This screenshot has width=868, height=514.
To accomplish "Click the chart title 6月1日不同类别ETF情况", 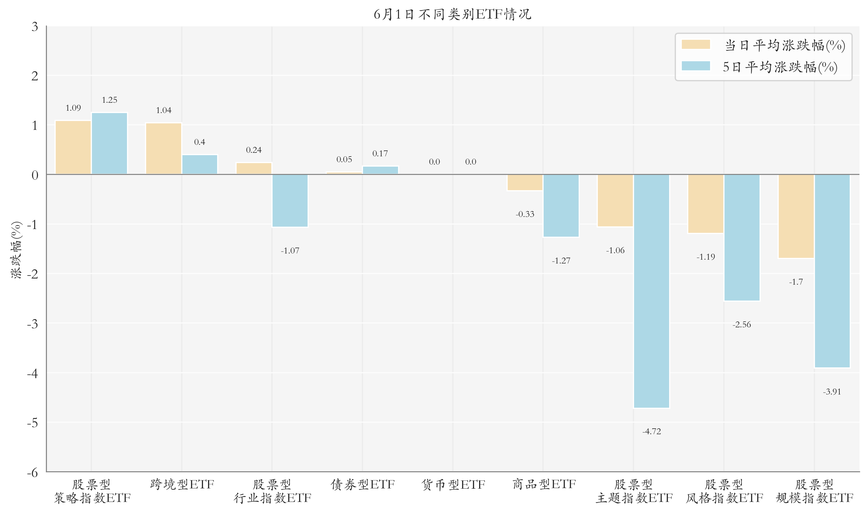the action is click(452, 14).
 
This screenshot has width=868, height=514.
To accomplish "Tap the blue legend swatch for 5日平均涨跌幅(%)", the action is click(696, 66).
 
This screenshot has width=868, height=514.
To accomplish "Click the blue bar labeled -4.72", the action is click(651, 291).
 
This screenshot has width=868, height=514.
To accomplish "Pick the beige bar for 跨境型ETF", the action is click(164, 149).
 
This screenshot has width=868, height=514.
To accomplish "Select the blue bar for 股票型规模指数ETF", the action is click(832, 271).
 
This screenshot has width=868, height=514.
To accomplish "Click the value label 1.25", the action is click(110, 100).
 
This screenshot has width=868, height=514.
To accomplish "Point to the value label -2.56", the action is click(742, 324).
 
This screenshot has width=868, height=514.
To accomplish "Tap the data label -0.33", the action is click(525, 214).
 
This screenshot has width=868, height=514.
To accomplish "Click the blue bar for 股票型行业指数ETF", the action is click(290, 201).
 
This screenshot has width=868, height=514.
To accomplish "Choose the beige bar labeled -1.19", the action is click(706, 204).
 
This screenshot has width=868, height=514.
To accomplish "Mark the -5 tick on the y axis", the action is click(33, 422).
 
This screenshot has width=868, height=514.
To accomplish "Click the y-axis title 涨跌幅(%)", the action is click(16, 249).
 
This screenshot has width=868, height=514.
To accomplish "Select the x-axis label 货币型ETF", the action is click(453, 485).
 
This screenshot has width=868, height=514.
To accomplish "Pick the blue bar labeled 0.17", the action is click(380, 170).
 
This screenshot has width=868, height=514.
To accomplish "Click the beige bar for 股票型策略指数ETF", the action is click(73, 147).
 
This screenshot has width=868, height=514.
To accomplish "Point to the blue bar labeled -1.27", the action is click(561, 206).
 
